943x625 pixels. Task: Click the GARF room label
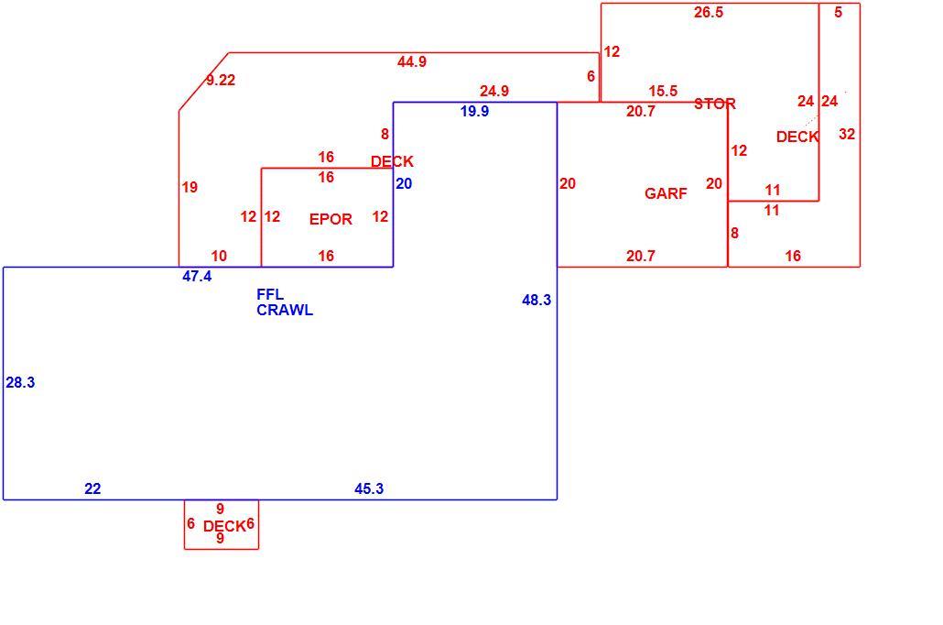[666, 193]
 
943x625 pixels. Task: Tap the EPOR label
[331, 219]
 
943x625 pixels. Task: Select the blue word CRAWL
[285, 310]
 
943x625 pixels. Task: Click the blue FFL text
[270, 294]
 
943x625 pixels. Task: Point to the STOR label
[715, 104]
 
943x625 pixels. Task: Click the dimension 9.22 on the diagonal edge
[221, 80]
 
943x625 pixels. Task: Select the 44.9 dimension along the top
[412, 61]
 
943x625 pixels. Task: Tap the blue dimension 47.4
[197, 277]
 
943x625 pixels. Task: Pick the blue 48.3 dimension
[537, 300]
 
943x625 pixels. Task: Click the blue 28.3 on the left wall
[20, 382]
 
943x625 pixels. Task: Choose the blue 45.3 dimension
[369, 489]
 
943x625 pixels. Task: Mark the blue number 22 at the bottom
[92, 489]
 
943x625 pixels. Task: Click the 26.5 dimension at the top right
[709, 13]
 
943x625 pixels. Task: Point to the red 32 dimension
[847, 134]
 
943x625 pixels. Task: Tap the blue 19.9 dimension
[474, 112]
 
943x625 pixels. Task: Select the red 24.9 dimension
[494, 91]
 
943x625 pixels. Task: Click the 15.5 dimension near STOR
[663, 91]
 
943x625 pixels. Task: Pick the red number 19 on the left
[190, 187]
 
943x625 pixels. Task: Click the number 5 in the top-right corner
[839, 13]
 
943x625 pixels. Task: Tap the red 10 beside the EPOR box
[219, 256]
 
